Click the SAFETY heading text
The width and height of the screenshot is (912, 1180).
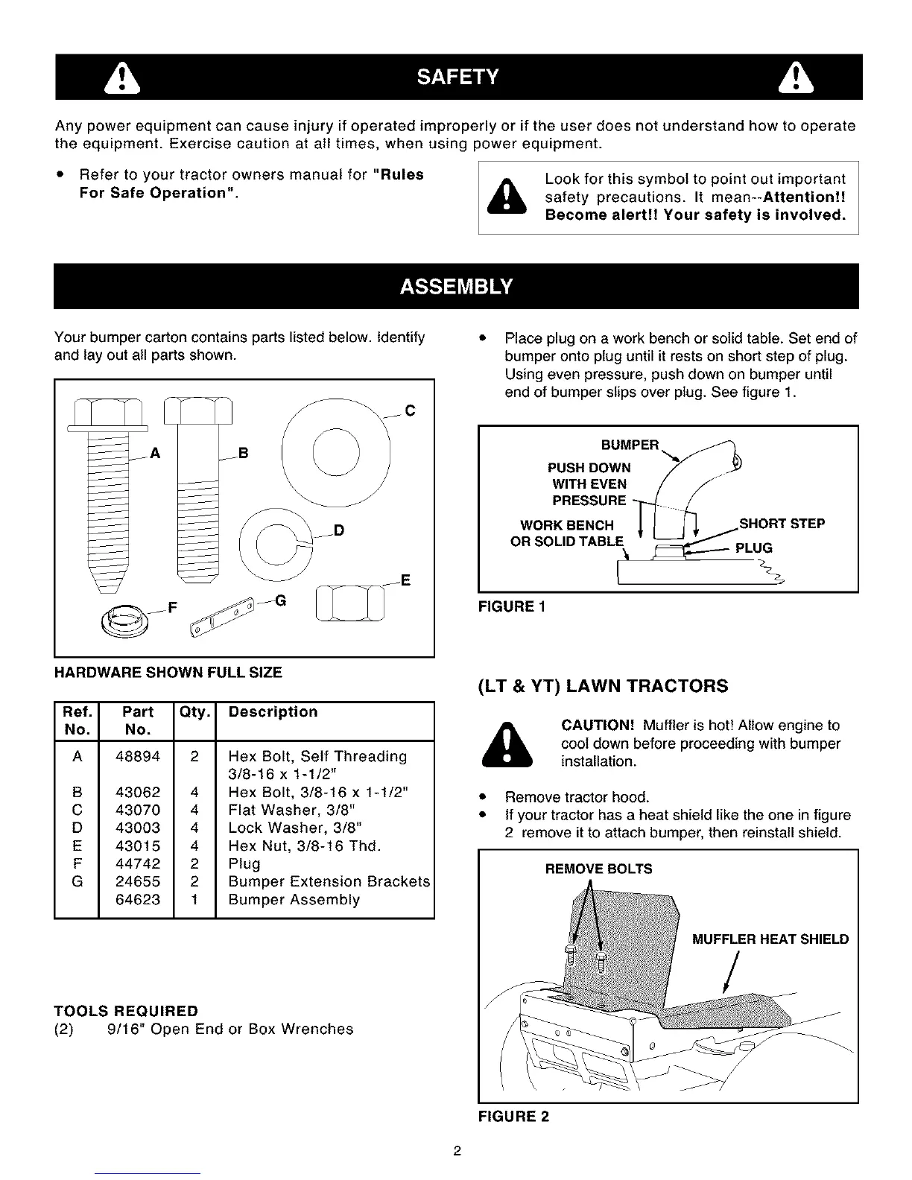point(457,77)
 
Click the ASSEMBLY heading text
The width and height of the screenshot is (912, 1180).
point(456,287)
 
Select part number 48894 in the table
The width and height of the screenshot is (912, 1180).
point(138,757)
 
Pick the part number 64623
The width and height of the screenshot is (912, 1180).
point(138,900)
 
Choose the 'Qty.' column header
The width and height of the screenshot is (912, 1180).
point(194,712)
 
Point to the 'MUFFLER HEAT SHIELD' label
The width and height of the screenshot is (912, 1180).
point(770,939)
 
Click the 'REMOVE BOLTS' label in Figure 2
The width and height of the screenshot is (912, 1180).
point(598,869)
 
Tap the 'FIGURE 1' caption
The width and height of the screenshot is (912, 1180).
point(512,606)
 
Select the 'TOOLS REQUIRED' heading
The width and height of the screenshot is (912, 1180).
point(126,1011)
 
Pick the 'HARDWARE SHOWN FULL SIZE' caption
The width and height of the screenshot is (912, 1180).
point(168,673)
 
